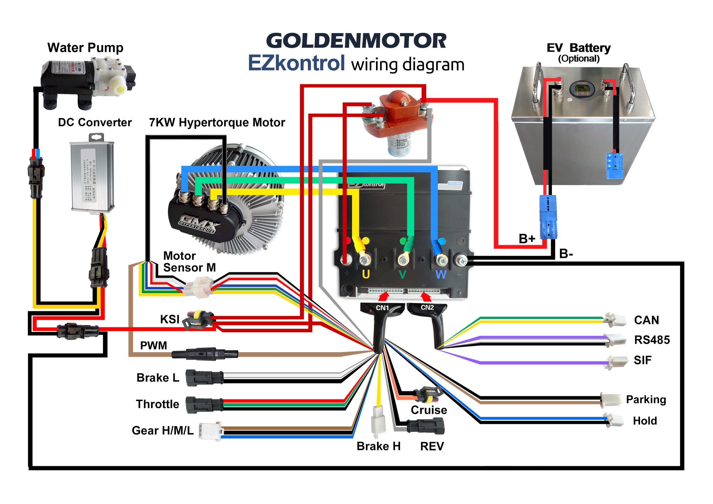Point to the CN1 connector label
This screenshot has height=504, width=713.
pyautogui.click(x=382, y=308)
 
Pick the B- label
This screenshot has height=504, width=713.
pyautogui.click(x=566, y=254)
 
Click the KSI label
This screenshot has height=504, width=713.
pyautogui.click(x=170, y=319)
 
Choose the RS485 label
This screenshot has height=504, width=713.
pyautogui.click(x=652, y=340)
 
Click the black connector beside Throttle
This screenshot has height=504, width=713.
pyautogui.click(x=204, y=404)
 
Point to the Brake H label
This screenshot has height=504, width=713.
pyautogui.click(x=378, y=446)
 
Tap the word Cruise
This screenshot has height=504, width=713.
pyautogui.click(x=429, y=410)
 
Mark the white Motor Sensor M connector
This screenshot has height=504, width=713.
pyautogui.click(x=198, y=288)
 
